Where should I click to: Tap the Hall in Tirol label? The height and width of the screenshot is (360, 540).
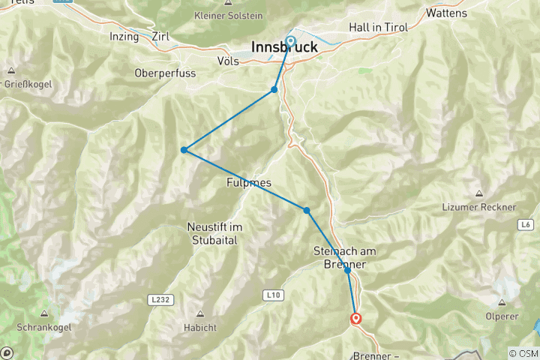(x=378, y=28)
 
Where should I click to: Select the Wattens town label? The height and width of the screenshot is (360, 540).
(x=445, y=13)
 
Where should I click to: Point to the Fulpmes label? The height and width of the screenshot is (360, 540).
(x=248, y=182)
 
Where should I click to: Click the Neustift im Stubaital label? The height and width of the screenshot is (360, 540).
(x=211, y=233)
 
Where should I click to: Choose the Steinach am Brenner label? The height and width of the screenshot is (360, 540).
(x=346, y=257)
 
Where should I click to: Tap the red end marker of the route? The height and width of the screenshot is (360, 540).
(x=356, y=319)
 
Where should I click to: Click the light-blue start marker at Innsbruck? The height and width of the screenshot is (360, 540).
(x=289, y=41)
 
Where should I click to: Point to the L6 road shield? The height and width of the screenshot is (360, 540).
(x=524, y=224)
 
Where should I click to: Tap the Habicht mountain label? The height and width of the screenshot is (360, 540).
(x=199, y=328)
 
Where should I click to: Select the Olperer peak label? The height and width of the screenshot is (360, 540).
(x=503, y=316)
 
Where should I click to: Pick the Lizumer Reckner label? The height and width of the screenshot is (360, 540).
(x=490, y=207)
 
